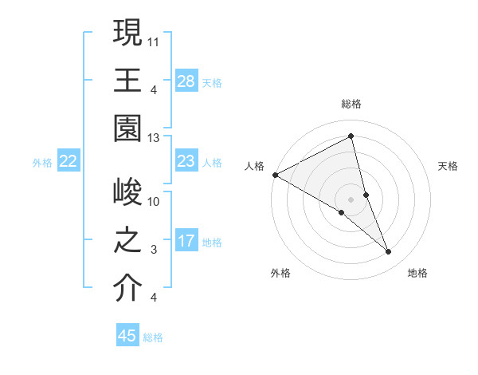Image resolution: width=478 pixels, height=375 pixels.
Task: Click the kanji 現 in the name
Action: click(127, 34)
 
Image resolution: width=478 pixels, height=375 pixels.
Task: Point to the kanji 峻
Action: click(127, 194)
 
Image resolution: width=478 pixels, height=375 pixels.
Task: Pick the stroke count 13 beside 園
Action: click(155, 137)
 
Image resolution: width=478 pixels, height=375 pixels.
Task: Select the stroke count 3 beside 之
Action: click(155, 250)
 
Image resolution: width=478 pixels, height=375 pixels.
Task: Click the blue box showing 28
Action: click(186, 81)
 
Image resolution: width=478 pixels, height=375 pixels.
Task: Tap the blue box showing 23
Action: click(186, 162)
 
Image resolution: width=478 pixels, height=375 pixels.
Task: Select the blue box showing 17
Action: click(186, 242)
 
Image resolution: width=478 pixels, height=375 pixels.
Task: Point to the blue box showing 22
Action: click(69, 162)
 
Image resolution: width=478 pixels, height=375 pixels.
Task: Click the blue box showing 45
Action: click(127, 336)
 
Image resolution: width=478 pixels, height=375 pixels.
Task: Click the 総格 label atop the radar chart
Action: click(351, 104)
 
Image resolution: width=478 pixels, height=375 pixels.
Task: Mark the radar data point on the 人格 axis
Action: click(275, 174)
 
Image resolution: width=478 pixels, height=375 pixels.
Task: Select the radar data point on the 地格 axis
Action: click(389, 252)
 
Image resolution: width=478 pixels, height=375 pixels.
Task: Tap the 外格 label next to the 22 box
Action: click(42, 163)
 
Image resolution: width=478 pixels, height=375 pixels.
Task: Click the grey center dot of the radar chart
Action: click(351, 198)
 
